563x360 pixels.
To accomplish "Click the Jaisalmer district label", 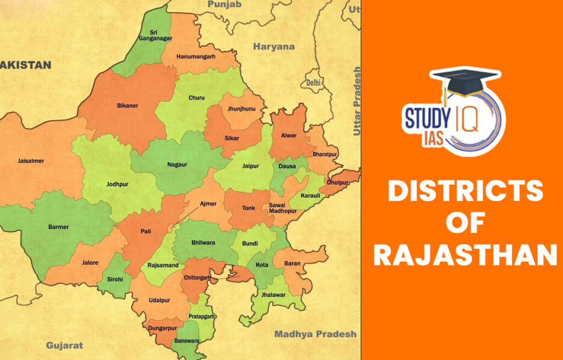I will pos(30,161).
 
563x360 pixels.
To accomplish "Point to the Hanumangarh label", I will pos(196,57).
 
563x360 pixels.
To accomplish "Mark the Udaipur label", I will pos(158,300).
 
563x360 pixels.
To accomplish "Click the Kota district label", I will pos(262,265).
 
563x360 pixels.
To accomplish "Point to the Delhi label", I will pos(313,82).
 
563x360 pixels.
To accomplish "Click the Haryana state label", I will pos(274,47).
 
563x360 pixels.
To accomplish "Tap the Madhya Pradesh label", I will pos(315,334).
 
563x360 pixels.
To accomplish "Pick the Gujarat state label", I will pos(64,345).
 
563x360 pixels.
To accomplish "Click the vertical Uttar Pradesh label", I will pos(357,101).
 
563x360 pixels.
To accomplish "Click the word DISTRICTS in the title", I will pos(466,191).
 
